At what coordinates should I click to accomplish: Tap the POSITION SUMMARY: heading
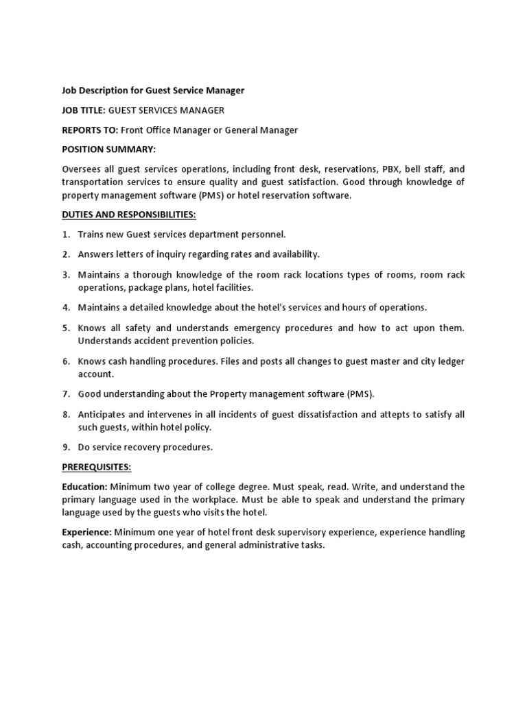pyautogui.click(x=109, y=149)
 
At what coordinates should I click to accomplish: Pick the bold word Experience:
pyautogui.click(x=87, y=532)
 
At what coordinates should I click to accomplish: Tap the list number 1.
pyautogui.click(x=66, y=234)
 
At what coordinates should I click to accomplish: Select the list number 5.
pyautogui.click(x=66, y=328)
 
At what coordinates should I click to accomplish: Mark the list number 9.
pyautogui.click(x=66, y=447)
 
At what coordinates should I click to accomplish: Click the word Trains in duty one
pyautogui.click(x=91, y=234)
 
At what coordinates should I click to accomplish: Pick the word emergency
pyautogui.click(x=244, y=328)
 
